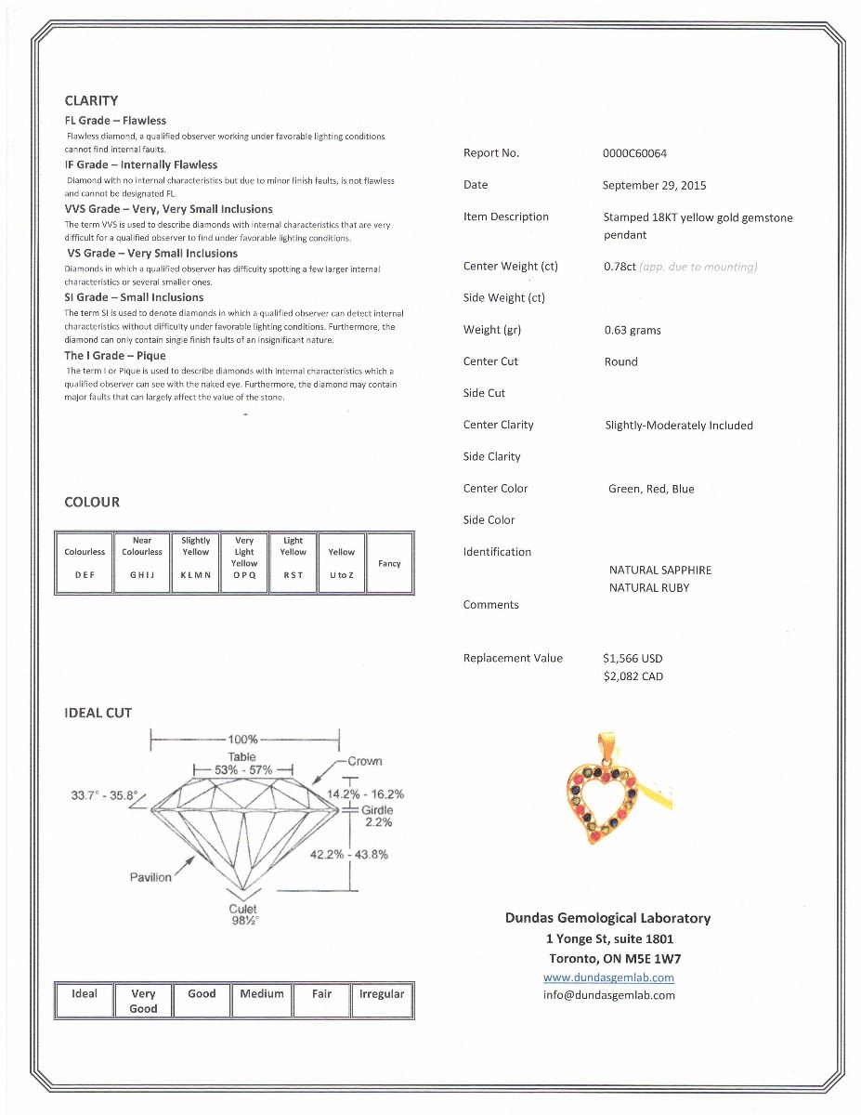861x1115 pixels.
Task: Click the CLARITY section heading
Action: coord(91,100)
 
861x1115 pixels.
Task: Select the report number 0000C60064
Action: coord(634,153)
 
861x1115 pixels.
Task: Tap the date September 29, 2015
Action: coord(654,185)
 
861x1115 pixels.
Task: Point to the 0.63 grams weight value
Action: coord(633,330)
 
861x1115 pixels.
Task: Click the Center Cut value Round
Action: coord(620,361)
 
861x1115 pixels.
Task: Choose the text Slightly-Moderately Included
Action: coord(678,426)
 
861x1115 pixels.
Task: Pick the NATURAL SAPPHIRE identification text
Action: coord(659,570)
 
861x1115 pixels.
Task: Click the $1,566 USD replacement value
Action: coord(633,658)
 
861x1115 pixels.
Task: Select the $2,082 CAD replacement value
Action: coord(633,676)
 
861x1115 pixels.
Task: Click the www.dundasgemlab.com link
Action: coord(608,977)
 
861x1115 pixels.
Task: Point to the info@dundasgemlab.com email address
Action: coord(608,995)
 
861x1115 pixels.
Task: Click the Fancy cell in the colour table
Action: coord(389,563)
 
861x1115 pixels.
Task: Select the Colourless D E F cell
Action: coord(85,563)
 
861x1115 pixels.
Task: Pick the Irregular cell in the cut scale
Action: coord(382,994)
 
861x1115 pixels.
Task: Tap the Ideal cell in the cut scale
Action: coord(85,994)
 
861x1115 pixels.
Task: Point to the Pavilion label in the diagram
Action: coord(150,877)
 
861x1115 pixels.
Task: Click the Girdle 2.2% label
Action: coord(377,816)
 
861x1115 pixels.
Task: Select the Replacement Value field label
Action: coord(513,659)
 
